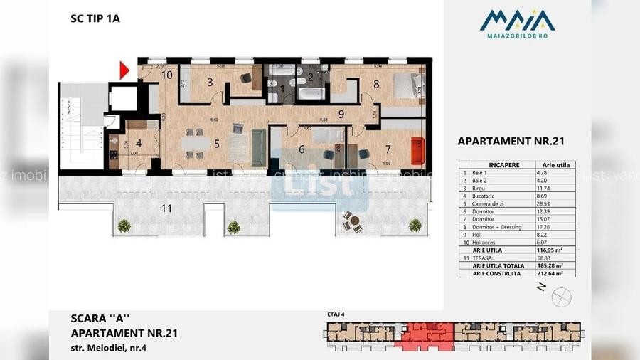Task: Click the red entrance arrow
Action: pos(123,70)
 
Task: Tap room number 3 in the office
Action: pos(210,83)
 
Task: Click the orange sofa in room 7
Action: pos(418,150)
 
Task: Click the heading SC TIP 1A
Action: pos(95,19)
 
